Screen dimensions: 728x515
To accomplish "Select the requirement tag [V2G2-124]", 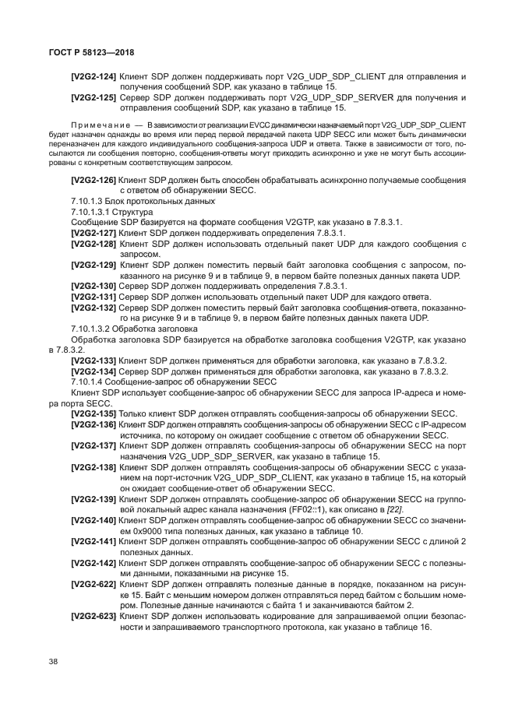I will click(x=93, y=76).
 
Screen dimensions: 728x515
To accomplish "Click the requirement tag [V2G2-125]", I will click(x=93, y=97).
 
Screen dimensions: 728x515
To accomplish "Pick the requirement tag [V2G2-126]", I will click(x=93, y=180).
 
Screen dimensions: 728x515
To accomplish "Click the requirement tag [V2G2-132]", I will click(x=93, y=308).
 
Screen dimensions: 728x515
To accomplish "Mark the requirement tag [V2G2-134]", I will click(x=93, y=371).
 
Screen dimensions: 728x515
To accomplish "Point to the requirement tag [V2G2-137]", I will click(x=93, y=445).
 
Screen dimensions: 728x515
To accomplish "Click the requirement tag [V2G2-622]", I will click(x=93, y=583).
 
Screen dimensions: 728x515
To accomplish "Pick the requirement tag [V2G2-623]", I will click(x=93, y=615).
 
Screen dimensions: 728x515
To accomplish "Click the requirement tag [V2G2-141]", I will click(x=93, y=540).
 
